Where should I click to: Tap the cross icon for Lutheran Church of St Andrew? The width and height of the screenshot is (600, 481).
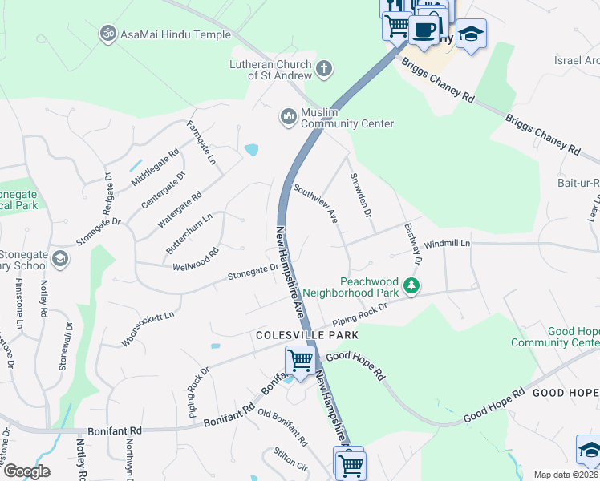tap(324, 69)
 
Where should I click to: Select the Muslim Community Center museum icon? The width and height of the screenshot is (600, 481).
tap(288, 118)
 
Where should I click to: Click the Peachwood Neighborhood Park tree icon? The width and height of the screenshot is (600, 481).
tap(411, 286)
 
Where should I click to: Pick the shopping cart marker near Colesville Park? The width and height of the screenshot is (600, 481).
tap(300, 360)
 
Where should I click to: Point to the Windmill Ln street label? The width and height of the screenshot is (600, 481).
tap(446, 243)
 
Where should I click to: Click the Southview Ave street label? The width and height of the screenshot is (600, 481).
tap(315, 204)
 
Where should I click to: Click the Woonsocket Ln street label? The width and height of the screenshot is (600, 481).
tap(147, 329)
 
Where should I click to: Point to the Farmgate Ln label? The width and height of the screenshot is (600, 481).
tap(201, 143)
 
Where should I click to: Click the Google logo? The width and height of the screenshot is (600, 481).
tap(26, 471)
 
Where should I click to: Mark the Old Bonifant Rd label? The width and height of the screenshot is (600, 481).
tap(282, 427)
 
